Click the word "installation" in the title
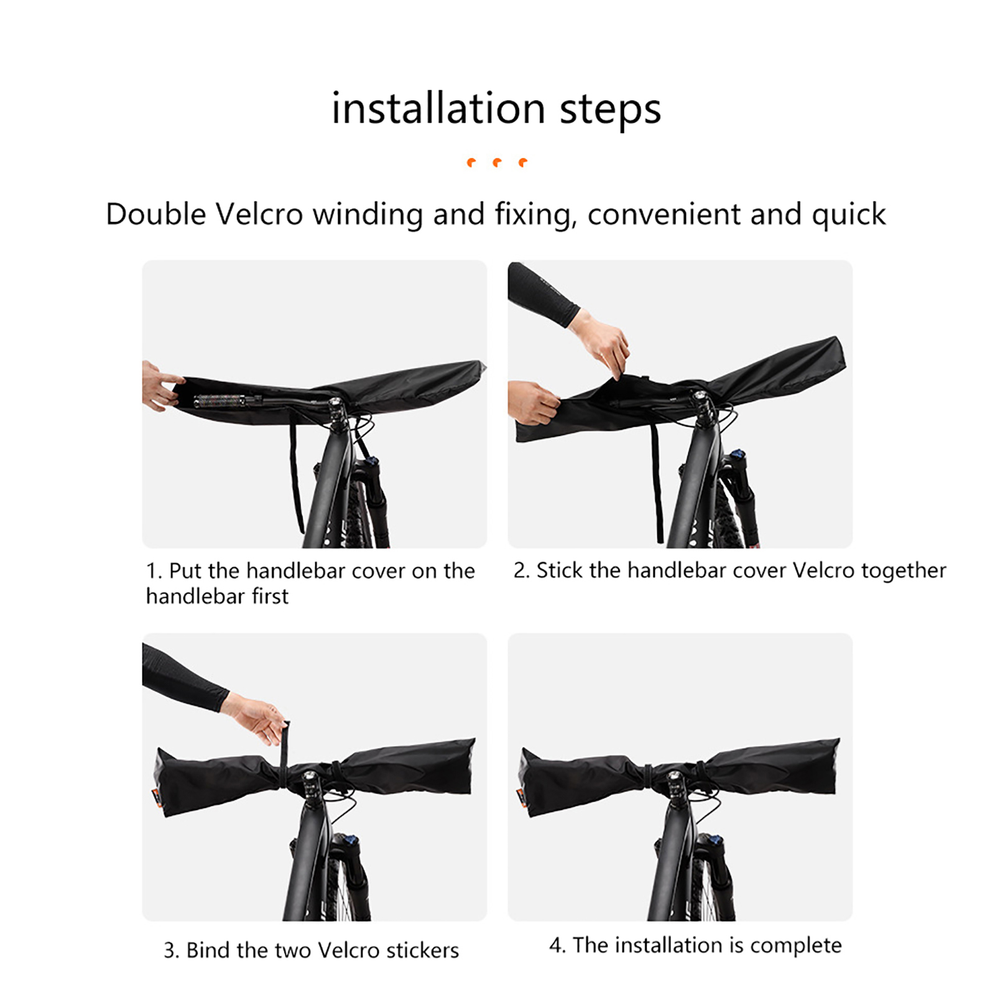[438, 108]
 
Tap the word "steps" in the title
[610, 111]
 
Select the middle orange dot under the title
[497, 163]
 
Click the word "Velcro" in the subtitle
[259, 215]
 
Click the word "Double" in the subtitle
[155, 215]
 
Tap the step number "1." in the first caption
[154, 571]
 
